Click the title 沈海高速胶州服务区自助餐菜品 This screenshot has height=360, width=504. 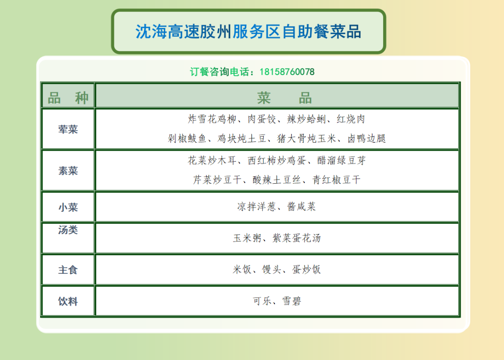tap(248, 31)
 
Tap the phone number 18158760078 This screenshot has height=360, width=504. tap(287, 72)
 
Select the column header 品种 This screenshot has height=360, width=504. tap(68, 98)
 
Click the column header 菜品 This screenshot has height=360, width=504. tap(285, 98)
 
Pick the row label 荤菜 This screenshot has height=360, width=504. tap(68, 129)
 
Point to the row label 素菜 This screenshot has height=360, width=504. tap(68, 171)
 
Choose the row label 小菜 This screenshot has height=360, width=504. tap(68, 207)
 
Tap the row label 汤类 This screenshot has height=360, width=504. tap(68, 229)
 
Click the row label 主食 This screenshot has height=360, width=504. tap(68, 270)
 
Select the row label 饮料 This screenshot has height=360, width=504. tap(68, 301)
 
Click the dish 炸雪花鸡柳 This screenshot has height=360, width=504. tap(212, 119)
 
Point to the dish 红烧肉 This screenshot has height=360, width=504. tap(351, 119)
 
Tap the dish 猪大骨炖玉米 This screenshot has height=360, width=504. tap(306, 138)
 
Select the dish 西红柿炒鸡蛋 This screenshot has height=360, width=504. tap(277, 160)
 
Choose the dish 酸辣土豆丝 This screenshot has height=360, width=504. tap(277, 180)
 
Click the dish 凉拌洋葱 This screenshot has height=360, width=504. tap(257, 206)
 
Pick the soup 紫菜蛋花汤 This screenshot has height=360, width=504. tap(297, 238)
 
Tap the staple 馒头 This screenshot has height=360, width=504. tap(272, 269)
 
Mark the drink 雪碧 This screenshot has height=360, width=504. tap(292, 301)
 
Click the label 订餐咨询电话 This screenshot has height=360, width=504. tap(219, 72)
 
